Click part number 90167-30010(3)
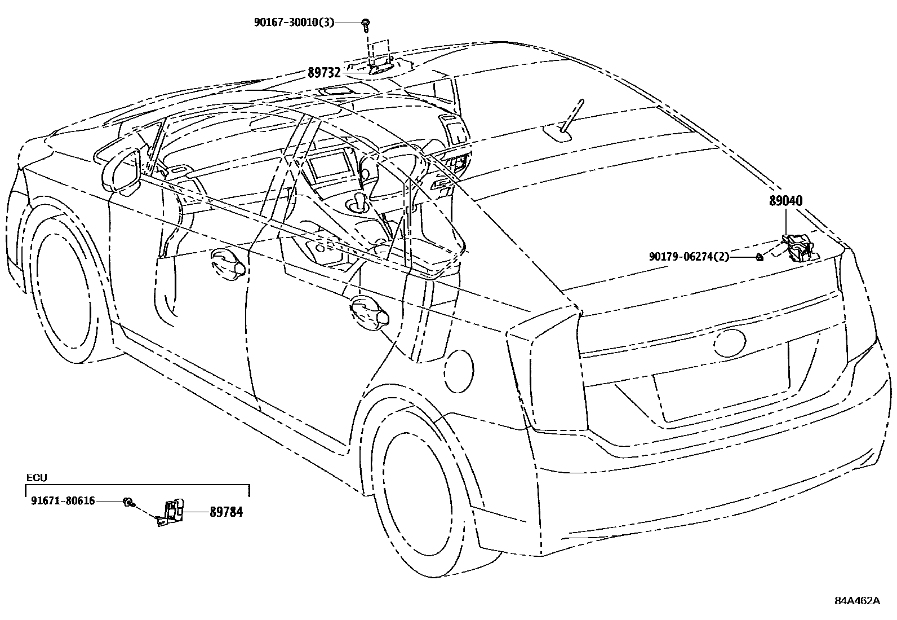tap(294, 23)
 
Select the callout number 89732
tap(324, 73)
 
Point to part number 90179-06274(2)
tap(689, 257)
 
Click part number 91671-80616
tap(63, 500)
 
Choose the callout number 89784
tap(226, 512)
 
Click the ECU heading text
tap(37, 478)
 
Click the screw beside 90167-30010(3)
tap(366, 23)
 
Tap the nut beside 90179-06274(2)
tap(760, 257)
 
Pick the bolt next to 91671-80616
tap(128, 502)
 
